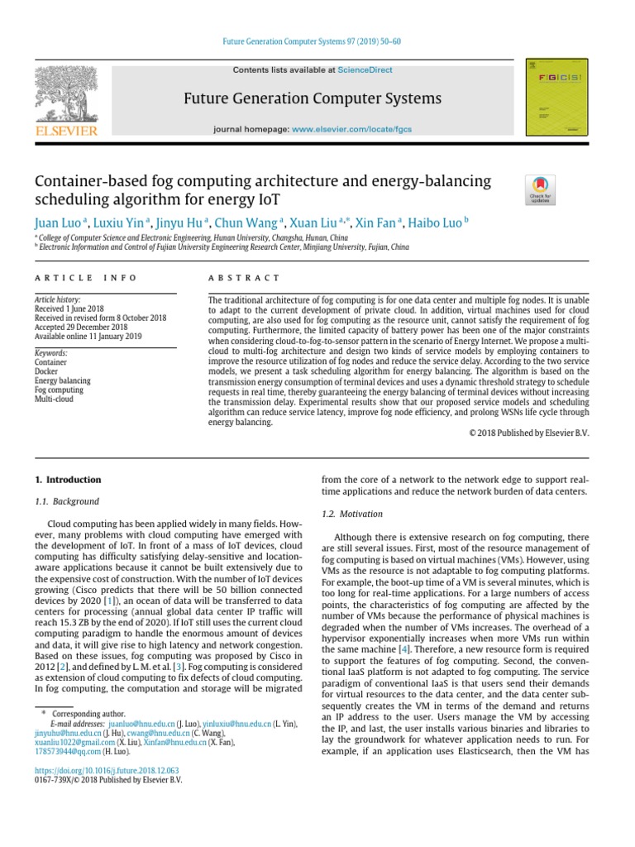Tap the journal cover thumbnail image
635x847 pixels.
point(557,98)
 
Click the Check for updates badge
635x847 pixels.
point(540,189)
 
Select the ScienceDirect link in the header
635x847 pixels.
point(365,71)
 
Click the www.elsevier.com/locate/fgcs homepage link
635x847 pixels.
point(351,130)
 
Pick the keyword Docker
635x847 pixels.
point(46,371)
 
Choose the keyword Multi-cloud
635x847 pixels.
point(55,399)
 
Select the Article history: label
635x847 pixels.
point(57,299)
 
